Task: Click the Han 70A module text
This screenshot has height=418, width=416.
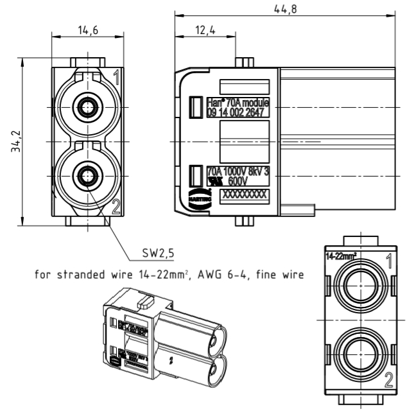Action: tap(238, 102)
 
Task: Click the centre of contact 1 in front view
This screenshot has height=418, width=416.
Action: tap(84, 107)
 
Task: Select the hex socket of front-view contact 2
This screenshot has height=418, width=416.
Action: tap(84, 173)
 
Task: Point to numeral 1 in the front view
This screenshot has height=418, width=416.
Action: tap(116, 78)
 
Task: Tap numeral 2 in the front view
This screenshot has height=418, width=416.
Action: tap(116, 206)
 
